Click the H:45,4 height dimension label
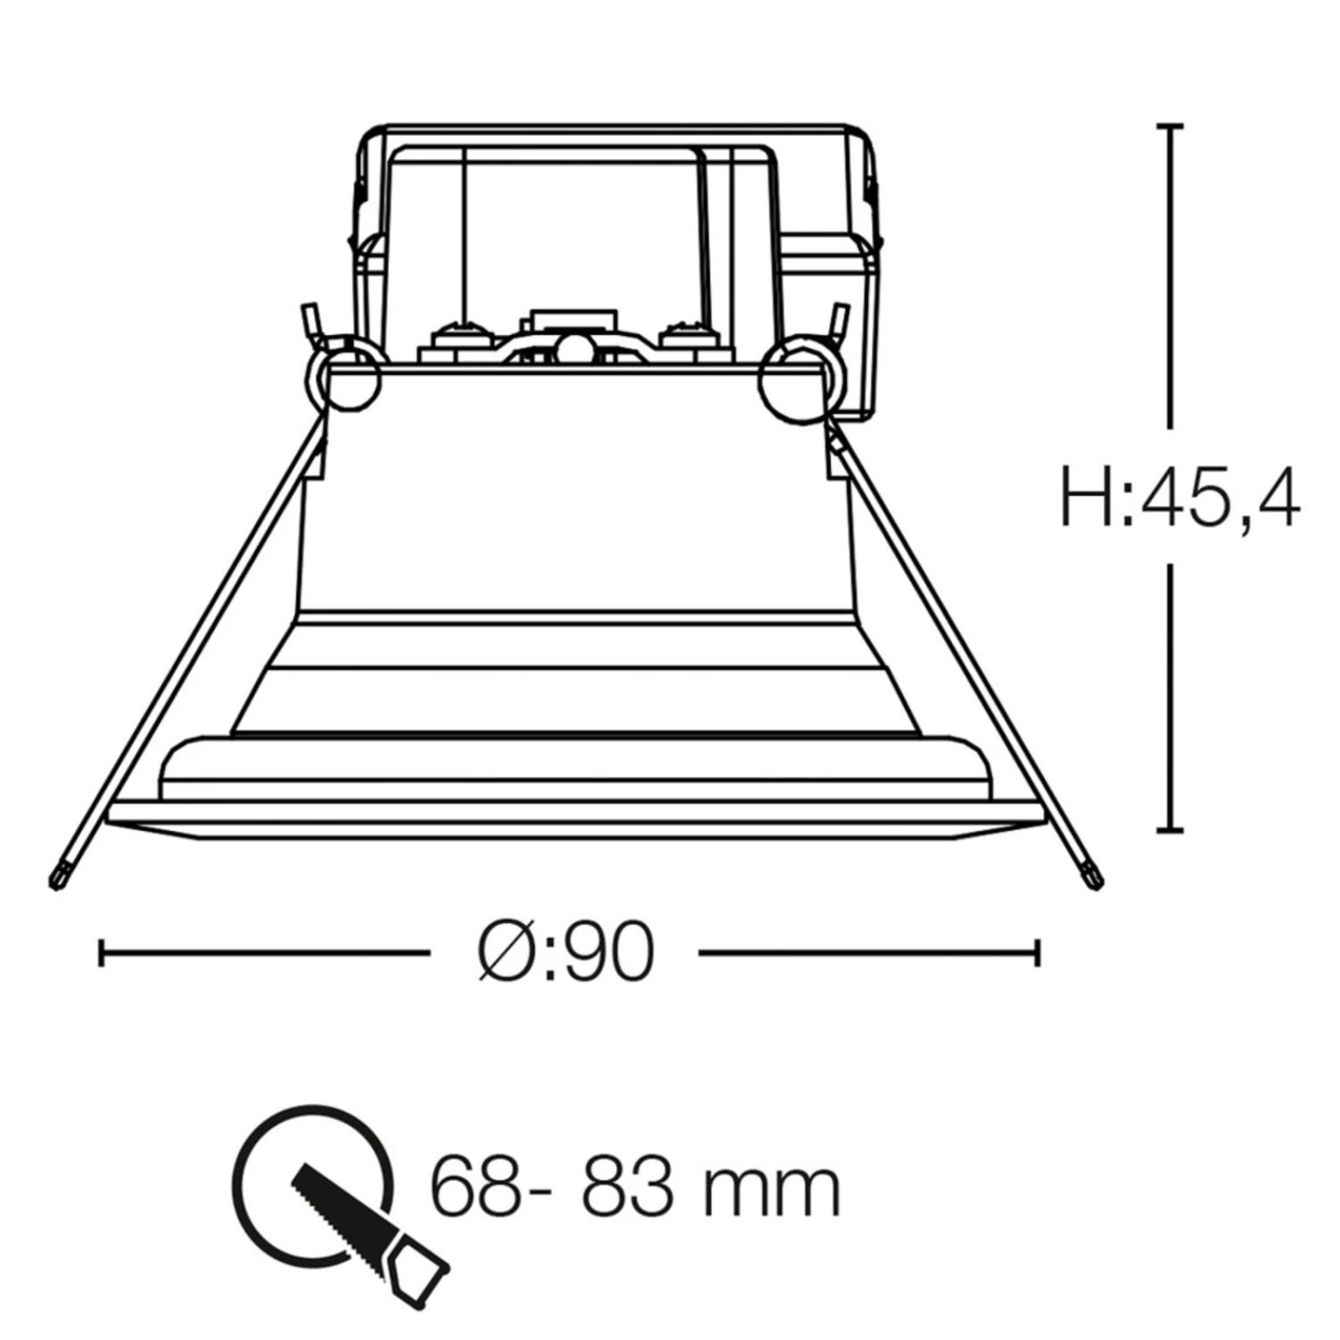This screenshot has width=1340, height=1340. (1179, 498)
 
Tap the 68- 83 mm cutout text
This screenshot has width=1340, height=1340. (636, 1187)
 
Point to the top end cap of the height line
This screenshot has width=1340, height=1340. (1170, 126)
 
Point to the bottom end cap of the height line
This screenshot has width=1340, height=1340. (1170, 830)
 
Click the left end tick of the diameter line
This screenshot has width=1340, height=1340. (101, 952)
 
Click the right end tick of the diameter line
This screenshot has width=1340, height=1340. (1037, 952)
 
